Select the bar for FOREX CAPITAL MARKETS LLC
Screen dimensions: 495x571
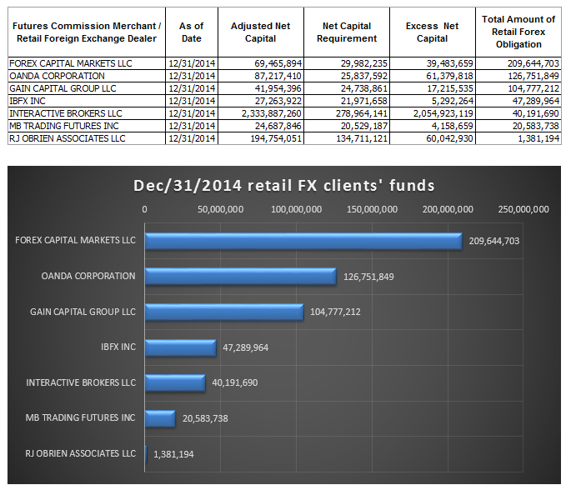(x=303, y=241)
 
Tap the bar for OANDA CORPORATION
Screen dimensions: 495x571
(x=240, y=276)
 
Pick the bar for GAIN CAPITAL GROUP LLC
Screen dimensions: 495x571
(x=223, y=312)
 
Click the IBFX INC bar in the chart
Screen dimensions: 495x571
(x=180, y=347)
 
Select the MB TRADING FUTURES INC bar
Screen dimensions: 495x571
(x=160, y=417)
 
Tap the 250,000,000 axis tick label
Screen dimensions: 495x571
(x=523, y=208)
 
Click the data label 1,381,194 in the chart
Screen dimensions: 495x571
(x=175, y=453)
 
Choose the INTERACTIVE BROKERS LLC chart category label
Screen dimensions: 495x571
(x=81, y=382)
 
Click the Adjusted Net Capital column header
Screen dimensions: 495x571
(x=260, y=32)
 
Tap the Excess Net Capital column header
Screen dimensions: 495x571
(x=432, y=32)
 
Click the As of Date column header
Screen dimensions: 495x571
(x=191, y=32)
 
